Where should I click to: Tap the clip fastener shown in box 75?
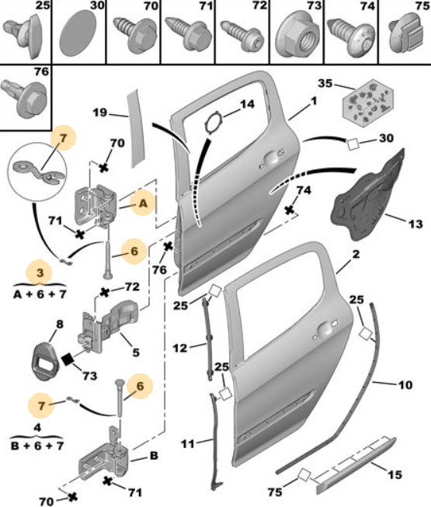point(406,35)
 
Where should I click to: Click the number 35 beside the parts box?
point(325,83)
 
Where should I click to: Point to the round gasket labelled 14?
point(214,123)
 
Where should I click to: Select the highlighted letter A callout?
point(143,203)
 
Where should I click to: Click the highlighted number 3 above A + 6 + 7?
point(40,273)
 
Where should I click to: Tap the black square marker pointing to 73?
point(68,359)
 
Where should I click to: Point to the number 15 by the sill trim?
point(395,474)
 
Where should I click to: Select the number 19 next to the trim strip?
point(99,113)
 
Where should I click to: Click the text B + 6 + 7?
point(37,446)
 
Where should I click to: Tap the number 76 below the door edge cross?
point(159,269)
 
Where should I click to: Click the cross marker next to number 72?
point(104,292)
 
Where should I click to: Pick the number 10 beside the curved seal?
point(405,385)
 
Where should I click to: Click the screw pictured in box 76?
point(24,97)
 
